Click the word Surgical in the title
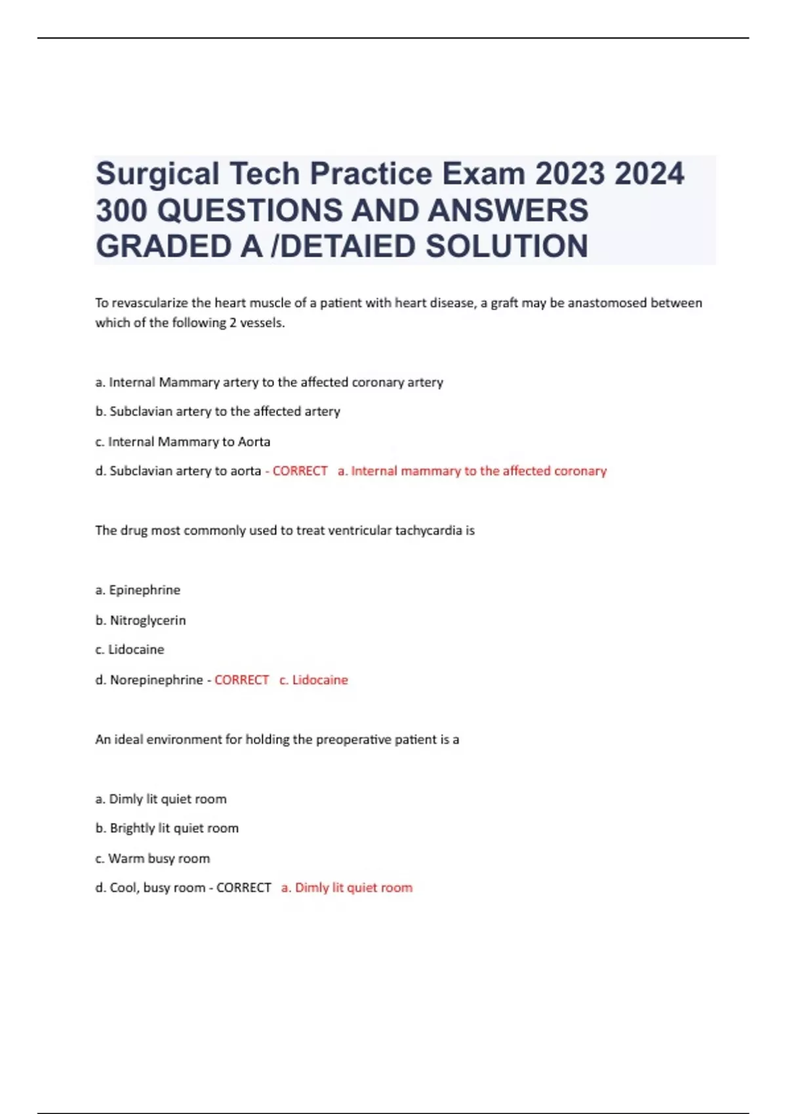click(x=157, y=174)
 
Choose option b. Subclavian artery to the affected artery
click(x=218, y=412)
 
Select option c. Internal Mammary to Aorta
click(x=183, y=442)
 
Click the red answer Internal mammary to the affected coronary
click(x=472, y=471)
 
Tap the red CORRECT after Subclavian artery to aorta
click(x=300, y=471)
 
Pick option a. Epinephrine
click(x=138, y=590)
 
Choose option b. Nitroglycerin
click(x=140, y=620)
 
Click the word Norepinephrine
click(x=156, y=680)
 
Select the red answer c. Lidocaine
click(x=313, y=680)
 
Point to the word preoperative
click(x=353, y=740)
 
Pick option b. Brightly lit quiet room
click(x=167, y=828)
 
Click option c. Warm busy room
click(x=153, y=858)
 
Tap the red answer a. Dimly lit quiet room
click(x=347, y=888)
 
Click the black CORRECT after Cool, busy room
click(x=243, y=888)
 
